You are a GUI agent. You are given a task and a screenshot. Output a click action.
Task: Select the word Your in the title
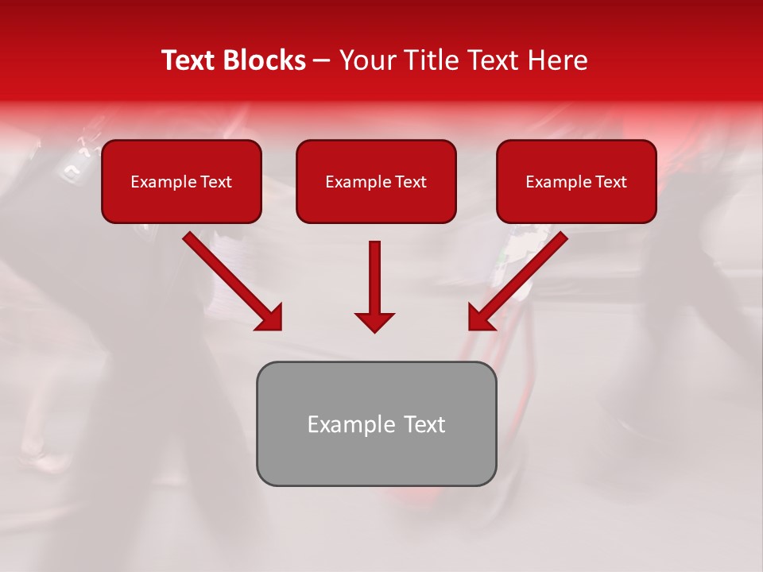tap(369, 60)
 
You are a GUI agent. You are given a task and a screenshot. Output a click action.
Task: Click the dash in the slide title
tap(322, 61)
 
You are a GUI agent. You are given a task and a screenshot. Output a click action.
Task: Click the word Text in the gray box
tap(424, 424)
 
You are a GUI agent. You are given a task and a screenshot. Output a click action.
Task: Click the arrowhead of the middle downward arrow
tap(374, 321)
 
